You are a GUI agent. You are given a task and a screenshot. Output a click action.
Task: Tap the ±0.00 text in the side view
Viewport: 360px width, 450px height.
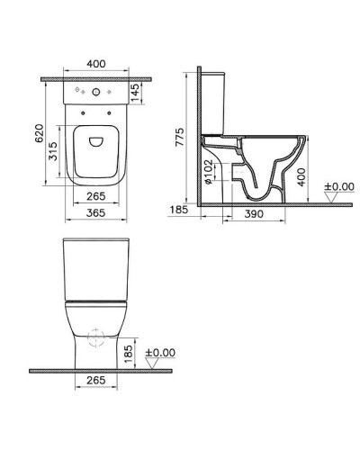[341, 185]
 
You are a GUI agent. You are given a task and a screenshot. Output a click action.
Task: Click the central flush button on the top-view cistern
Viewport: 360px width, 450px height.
[93, 91]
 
